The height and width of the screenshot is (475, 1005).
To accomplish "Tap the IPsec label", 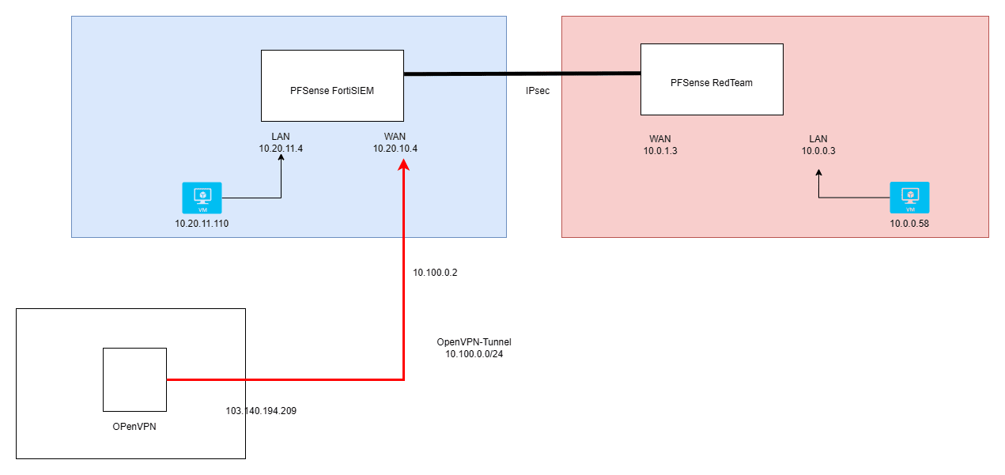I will [538, 91].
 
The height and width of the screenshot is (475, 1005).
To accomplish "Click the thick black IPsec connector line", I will [522, 74].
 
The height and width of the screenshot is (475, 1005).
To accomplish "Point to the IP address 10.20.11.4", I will [281, 148].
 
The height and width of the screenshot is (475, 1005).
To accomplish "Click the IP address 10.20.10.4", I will [395, 148].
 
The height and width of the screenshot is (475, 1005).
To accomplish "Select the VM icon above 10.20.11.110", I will [202, 198].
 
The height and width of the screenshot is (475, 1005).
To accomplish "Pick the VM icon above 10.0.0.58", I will [909, 198].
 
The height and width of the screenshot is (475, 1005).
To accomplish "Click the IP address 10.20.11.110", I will [202, 224].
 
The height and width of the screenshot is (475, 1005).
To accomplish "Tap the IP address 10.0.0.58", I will [909, 224].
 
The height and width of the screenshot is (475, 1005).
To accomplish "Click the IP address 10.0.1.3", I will [660, 150].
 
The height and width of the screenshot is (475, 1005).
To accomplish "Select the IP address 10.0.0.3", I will [818, 150].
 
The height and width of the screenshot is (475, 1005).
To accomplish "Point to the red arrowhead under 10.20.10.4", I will [404, 164].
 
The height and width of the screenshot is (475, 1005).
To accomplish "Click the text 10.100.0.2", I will [436, 273].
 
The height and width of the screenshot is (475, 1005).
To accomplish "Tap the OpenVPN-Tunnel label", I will [474, 342].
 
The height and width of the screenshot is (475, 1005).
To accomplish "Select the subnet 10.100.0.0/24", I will [474, 354].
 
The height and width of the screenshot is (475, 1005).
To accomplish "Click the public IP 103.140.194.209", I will [261, 411].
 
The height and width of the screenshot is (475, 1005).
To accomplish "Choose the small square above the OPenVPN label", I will [134, 379].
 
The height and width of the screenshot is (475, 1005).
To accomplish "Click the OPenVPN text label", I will [134, 427].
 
